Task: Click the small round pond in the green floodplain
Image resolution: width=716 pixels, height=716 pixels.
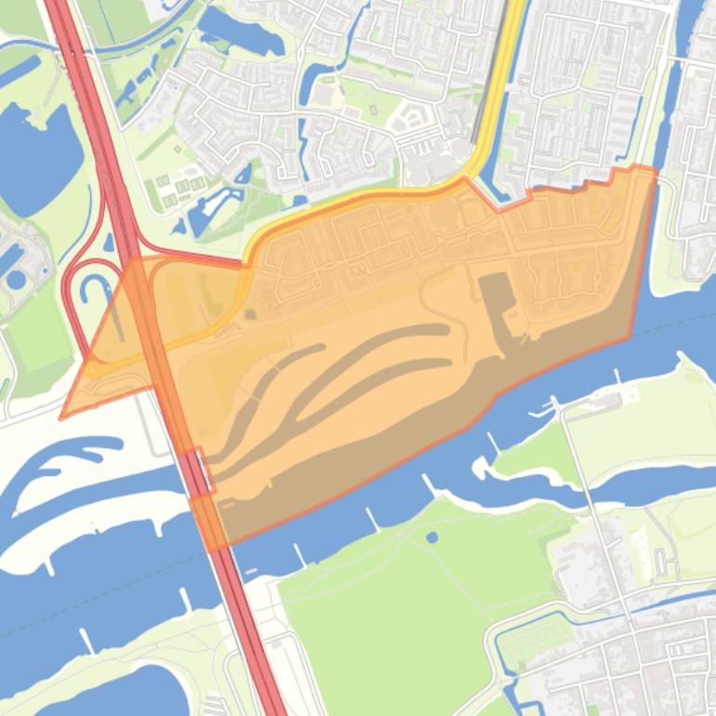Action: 431,537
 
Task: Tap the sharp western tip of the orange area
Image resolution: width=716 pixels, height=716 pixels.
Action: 61,418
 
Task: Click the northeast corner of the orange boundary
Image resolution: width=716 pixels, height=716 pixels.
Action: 655,169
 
